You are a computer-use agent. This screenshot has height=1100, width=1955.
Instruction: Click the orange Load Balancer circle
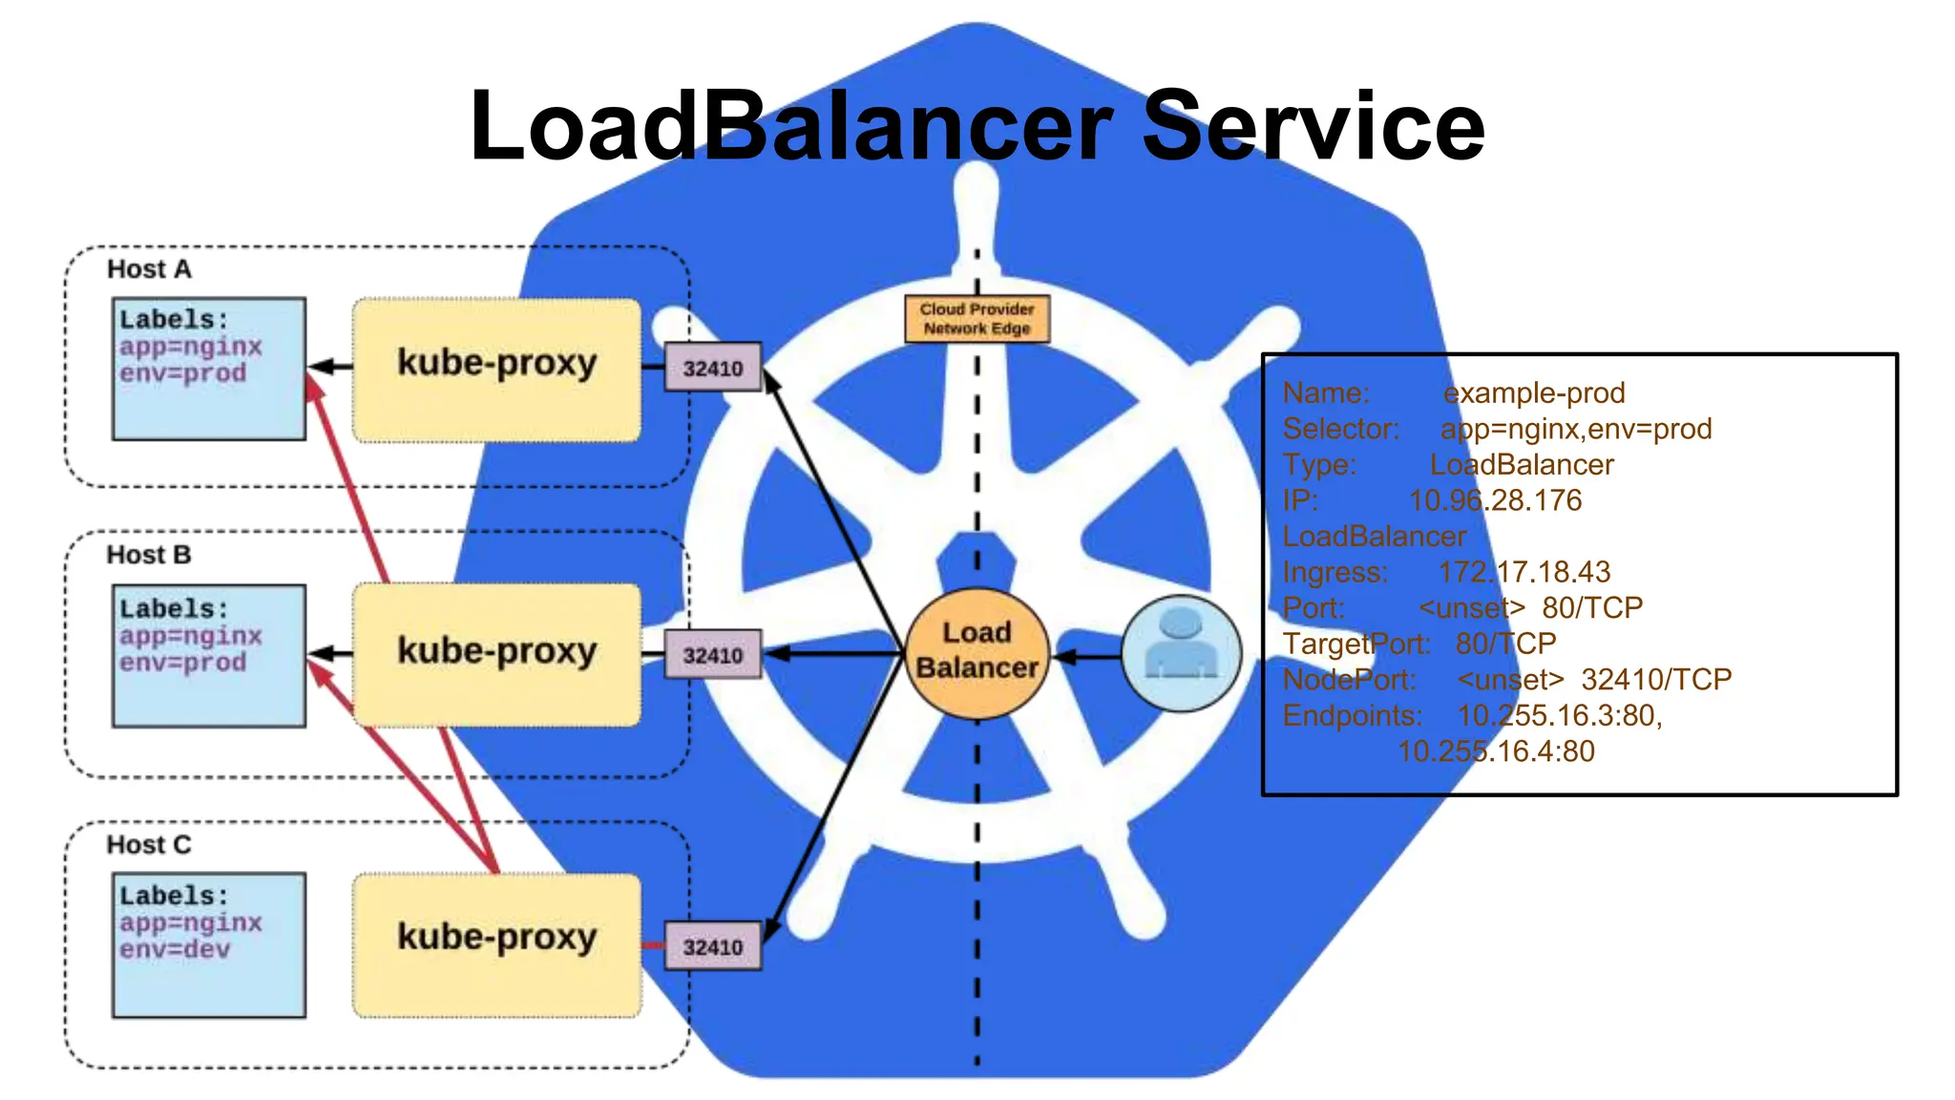point(977,652)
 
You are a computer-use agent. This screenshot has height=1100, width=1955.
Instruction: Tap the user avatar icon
point(1181,654)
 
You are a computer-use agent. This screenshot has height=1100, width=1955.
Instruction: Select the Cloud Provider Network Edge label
point(977,319)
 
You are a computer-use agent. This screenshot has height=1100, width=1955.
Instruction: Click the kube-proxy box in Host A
point(496,370)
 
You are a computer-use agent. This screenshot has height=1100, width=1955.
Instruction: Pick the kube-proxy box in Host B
point(496,655)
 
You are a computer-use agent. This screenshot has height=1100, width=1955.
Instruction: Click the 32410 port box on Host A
point(712,368)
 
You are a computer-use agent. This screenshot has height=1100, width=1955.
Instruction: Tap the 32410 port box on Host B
point(712,655)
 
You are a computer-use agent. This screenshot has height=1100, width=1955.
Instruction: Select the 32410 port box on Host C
point(712,946)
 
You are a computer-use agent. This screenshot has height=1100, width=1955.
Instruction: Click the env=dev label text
point(175,950)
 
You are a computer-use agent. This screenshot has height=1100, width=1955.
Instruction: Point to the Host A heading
point(149,269)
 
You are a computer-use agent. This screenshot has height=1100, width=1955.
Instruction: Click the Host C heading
point(149,845)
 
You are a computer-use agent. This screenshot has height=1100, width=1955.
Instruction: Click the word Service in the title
point(1313,126)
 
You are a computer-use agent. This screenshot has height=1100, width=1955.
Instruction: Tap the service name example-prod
point(1533,392)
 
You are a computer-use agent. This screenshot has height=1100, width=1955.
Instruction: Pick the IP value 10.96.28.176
point(1495,500)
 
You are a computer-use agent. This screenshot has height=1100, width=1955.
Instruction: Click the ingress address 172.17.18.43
point(1524,572)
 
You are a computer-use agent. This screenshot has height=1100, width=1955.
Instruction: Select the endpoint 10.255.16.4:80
point(1496,751)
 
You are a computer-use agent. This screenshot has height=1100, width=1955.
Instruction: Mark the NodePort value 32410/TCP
point(1655,680)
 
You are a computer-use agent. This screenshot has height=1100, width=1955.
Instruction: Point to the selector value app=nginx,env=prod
point(1575,429)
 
